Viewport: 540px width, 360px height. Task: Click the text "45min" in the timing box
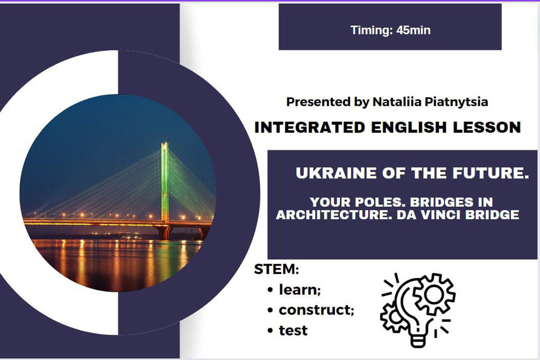click(414, 31)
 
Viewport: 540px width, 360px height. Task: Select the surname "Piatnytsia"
click(456, 102)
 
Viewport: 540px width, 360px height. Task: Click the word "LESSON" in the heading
click(487, 127)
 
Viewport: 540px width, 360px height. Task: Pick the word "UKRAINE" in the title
click(336, 173)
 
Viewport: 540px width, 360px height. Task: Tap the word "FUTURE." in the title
click(490, 173)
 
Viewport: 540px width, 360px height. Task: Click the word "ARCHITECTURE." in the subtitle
click(334, 215)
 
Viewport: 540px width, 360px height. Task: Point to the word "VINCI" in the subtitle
click(440, 215)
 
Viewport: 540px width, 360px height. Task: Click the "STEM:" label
click(276, 270)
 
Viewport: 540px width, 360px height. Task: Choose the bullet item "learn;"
click(300, 290)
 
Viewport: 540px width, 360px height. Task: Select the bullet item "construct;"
click(316, 310)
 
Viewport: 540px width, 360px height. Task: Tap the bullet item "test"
click(293, 330)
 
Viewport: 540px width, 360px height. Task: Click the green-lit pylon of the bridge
click(165, 182)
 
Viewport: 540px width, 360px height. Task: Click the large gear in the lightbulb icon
click(434, 294)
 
